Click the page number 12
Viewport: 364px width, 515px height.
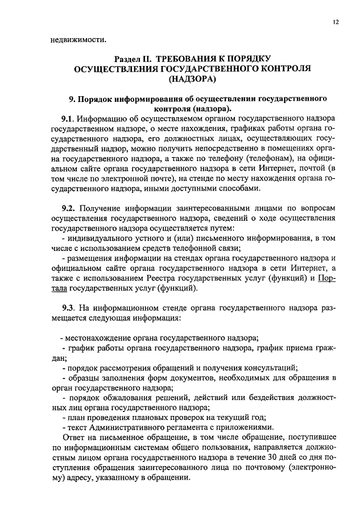337,21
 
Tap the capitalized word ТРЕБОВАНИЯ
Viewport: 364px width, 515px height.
193,59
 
